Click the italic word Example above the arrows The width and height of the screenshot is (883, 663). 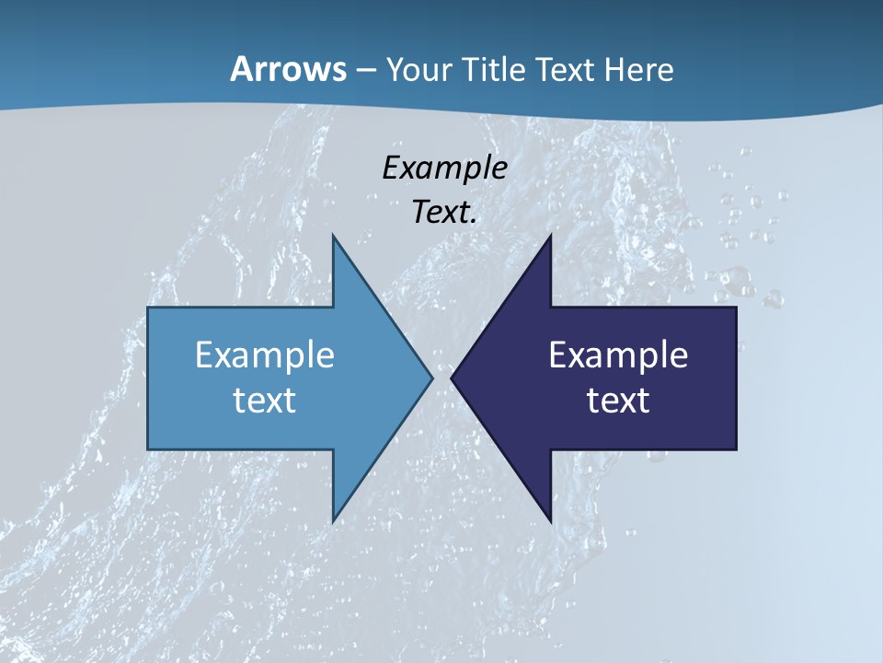[444, 168]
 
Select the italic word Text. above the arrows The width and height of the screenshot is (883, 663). [444, 213]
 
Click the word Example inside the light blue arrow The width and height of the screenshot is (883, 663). [265, 355]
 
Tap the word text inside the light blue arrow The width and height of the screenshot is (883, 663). [265, 400]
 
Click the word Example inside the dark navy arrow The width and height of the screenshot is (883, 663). [618, 355]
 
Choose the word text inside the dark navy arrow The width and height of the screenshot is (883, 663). [618, 400]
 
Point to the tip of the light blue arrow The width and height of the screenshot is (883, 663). [432, 378]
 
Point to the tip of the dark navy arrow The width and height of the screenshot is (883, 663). [451, 378]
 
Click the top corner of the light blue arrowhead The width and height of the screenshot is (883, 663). [333, 235]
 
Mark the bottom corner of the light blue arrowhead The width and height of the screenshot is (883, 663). [333, 521]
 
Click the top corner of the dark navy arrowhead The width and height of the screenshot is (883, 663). [550, 235]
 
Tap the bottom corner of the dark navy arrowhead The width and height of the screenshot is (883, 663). [550, 521]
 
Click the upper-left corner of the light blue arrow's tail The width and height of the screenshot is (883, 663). [148, 308]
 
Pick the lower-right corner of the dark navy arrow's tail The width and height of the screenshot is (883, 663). [736, 449]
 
